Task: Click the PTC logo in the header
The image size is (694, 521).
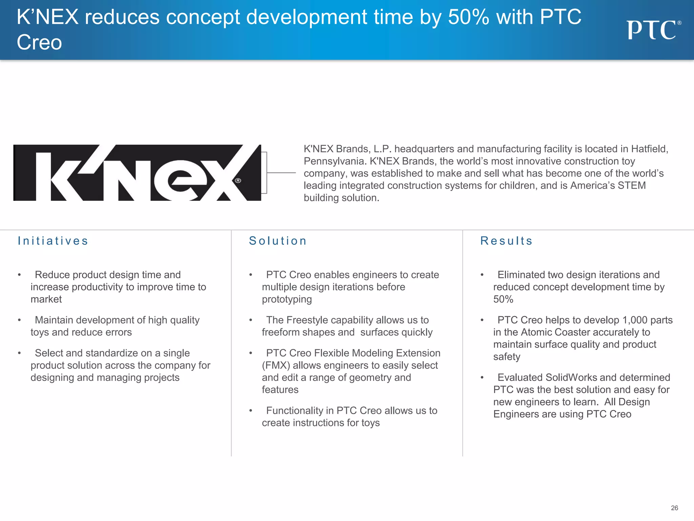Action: (653, 30)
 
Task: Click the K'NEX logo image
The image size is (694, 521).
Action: (137, 173)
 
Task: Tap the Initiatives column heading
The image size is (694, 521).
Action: (53, 241)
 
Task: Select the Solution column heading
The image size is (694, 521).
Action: (278, 241)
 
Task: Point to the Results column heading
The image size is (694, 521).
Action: (506, 241)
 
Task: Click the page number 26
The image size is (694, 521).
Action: (674, 508)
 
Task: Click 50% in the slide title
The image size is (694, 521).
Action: (468, 17)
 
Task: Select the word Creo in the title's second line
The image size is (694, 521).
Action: (39, 43)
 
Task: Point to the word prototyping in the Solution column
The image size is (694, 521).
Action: (287, 299)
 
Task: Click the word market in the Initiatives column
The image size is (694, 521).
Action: (46, 299)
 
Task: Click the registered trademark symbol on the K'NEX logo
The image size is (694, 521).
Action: (238, 180)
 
